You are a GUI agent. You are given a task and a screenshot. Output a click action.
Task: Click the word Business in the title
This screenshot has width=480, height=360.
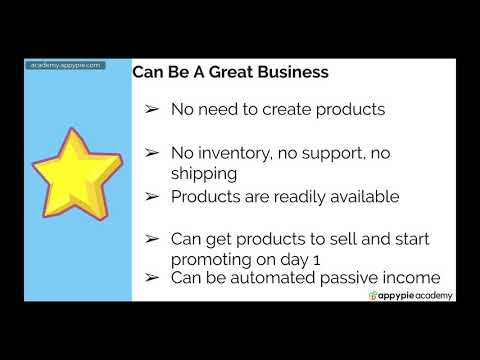tap(289, 74)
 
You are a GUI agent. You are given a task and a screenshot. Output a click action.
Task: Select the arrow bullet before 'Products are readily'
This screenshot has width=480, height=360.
tap(152, 196)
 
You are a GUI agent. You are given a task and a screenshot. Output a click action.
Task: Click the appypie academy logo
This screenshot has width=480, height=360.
tap(411, 295)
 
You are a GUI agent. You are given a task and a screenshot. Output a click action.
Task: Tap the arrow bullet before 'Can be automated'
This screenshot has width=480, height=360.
tap(152, 277)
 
